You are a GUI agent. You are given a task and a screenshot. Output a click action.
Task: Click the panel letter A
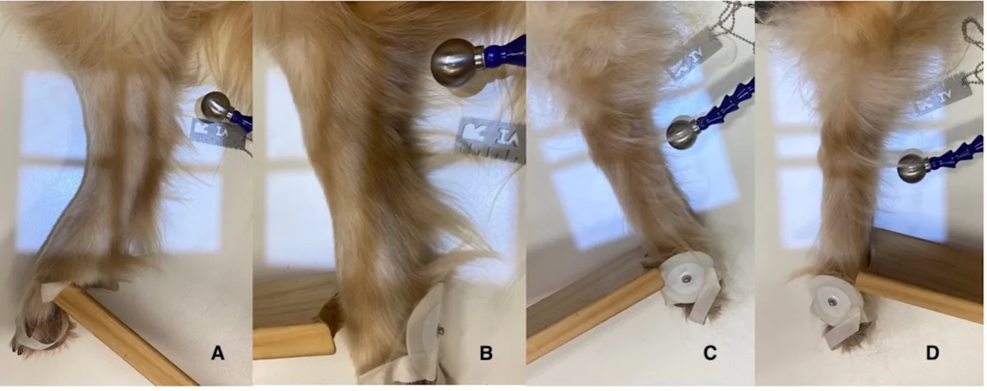[217, 353]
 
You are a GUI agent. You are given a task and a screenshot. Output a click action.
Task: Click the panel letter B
[486, 353]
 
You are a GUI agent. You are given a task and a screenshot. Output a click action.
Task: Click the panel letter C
[709, 353]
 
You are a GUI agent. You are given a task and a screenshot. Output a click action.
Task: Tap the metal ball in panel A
[215, 107]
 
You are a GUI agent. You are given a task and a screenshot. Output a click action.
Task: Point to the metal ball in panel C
[682, 133]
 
